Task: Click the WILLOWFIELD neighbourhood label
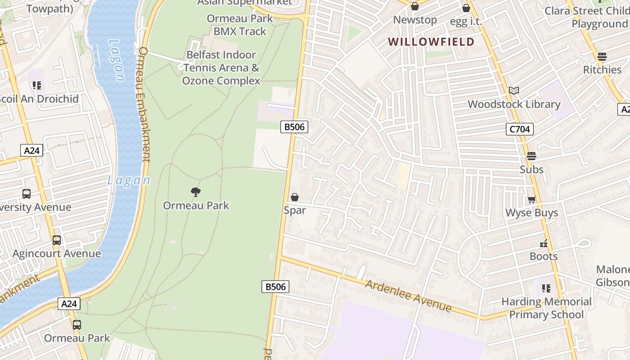coord(431,42)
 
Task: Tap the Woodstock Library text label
coord(514,104)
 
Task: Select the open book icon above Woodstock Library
coord(514,91)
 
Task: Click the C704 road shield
coord(519,130)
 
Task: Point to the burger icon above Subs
coord(531,156)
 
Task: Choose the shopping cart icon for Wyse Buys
coord(531,199)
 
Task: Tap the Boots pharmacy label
coord(544,256)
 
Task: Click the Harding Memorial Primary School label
coord(546,308)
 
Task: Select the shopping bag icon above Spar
coord(295,197)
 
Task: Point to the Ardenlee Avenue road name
coord(408,296)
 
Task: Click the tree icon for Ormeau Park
coord(195,193)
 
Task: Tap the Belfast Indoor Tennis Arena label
coord(221,67)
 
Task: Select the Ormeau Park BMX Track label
coord(240,25)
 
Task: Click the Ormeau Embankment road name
coord(144,103)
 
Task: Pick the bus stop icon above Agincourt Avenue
coord(57,240)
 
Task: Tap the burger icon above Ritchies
coord(602,57)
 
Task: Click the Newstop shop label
coord(415,20)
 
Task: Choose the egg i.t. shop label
coord(466,21)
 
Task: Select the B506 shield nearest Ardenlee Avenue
coord(275,287)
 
